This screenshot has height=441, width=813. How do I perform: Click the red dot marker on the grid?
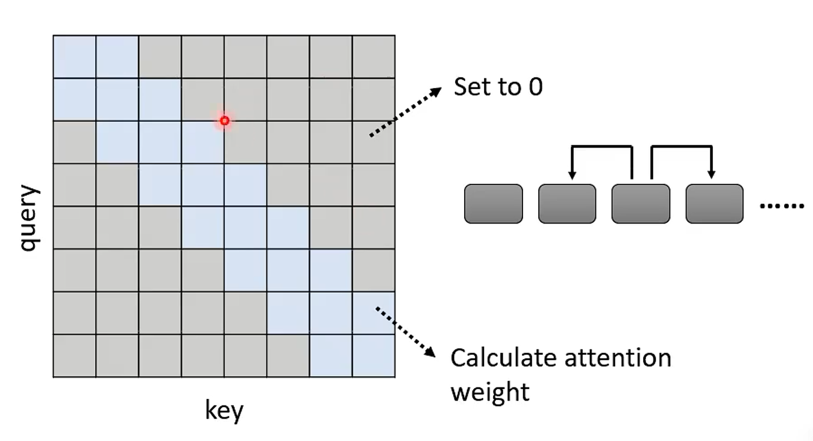tap(224, 121)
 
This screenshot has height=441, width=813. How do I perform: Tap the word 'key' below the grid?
tap(224, 411)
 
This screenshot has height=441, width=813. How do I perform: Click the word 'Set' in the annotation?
tap(469, 87)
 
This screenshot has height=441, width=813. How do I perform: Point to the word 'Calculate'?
tap(504, 358)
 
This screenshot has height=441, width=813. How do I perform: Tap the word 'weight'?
tap(490, 392)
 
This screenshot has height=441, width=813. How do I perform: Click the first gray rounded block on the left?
tap(493, 204)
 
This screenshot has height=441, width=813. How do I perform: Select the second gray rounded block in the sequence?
tap(567, 204)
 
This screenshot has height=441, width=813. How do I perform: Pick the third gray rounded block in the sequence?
tap(640, 204)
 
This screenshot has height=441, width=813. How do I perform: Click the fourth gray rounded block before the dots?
tap(714, 204)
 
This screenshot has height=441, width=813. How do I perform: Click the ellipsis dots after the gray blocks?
tap(782, 206)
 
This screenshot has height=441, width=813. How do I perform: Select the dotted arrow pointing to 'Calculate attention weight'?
tap(405, 331)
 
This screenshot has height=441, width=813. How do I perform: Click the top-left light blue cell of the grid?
tap(74, 57)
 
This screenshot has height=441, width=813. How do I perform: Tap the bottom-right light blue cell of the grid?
tap(374, 355)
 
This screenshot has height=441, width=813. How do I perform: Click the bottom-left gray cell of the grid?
tap(74, 355)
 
